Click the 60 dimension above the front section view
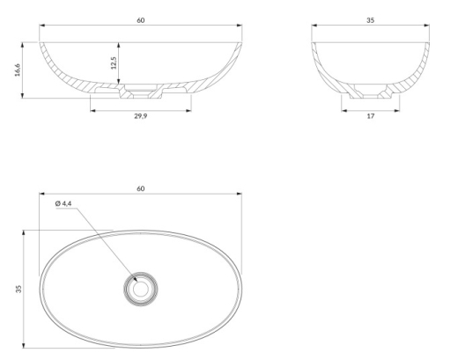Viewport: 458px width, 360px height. click(x=141, y=20)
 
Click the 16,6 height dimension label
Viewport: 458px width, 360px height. click(x=18, y=70)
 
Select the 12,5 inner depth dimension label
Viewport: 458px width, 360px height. click(x=114, y=62)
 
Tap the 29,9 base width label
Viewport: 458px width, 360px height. click(x=141, y=116)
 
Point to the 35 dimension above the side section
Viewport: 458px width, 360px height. click(x=371, y=20)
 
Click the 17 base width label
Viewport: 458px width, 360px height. click(x=371, y=116)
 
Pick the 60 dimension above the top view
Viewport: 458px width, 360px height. click(x=141, y=188)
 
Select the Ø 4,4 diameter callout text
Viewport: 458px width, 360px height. click(x=63, y=203)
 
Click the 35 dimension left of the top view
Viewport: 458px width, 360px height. click(x=18, y=289)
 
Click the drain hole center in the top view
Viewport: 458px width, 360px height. click(x=141, y=289)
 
